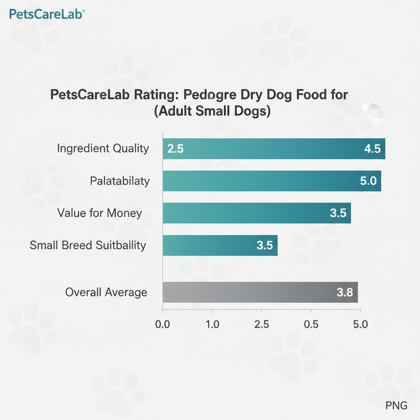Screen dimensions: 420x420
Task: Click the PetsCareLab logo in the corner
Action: click(x=46, y=15)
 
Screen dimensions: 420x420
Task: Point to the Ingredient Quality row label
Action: click(x=103, y=148)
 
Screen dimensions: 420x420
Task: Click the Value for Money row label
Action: click(x=100, y=213)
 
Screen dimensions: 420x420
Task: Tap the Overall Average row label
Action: click(x=106, y=292)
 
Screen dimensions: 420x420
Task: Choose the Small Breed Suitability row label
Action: click(x=88, y=245)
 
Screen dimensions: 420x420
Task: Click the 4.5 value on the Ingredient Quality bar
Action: click(x=372, y=149)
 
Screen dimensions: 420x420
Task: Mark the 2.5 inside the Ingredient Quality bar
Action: click(x=176, y=149)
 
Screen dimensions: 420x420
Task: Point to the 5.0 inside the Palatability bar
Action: click(x=368, y=181)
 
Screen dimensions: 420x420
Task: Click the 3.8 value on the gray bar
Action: click(x=345, y=293)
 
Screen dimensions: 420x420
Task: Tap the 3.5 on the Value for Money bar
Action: click(x=338, y=213)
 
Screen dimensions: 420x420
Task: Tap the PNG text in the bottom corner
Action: click(x=396, y=406)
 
